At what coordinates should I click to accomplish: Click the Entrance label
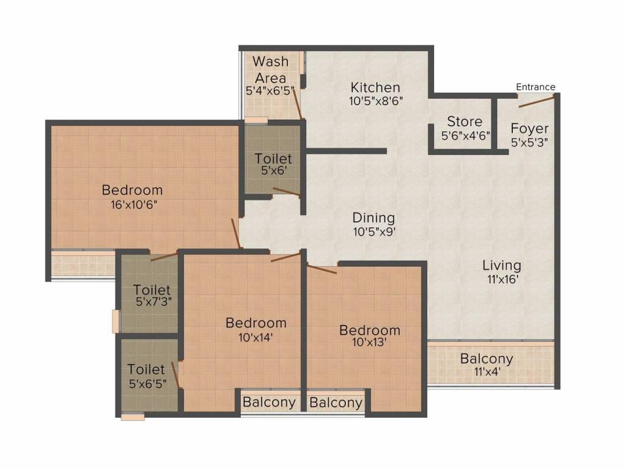pyautogui.click(x=536, y=87)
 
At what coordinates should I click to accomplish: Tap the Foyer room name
pyautogui.click(x=529, y=129)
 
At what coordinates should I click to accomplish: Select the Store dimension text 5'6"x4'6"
pyautogui.click(x=466, y=136)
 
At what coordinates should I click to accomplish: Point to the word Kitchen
pyautogui.click(x=375, y=87)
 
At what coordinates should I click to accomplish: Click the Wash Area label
pyautogui.click(x=270, y=70)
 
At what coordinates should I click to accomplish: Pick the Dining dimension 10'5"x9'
pyautogui.click(x=374, y=232)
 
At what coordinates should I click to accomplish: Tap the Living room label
pyautogui.click(x=501, y=266)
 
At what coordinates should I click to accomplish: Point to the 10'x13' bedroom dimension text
pyautogui.click(x=369, y=343)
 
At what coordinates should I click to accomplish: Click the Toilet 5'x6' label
pyautogui.click(x=273, y=159)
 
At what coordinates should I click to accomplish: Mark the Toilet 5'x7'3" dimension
pyautogui.click(x=152, y=302)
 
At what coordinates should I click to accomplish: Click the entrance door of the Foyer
pyautogui.click(x=537, y=101)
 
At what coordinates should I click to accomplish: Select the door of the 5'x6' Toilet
pyautogui.click(x=285, y=192)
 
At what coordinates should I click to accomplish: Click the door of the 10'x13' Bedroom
pyautogui.click(x=322, y=269)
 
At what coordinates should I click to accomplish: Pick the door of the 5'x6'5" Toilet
pyautogui.click(x=176, y=375)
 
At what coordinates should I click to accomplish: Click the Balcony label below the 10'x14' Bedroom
pyautogui.click(x=269, y=402)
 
